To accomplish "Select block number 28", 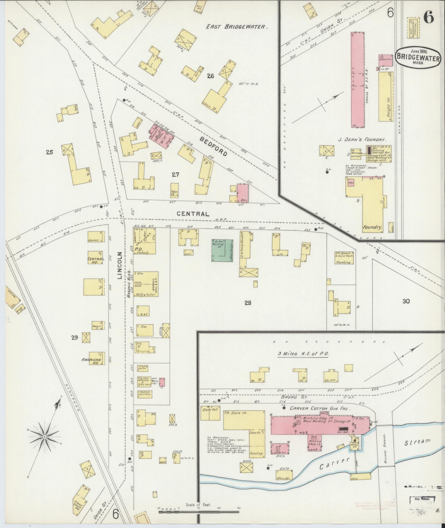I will point(247,303).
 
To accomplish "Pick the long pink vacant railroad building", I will point(358,80).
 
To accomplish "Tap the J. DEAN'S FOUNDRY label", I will point(362,140).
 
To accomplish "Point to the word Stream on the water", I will point(417,442).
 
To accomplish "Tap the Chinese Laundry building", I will point(145,394).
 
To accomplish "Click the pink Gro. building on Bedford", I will point(243,193).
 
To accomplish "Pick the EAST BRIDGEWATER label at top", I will point(237,27).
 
